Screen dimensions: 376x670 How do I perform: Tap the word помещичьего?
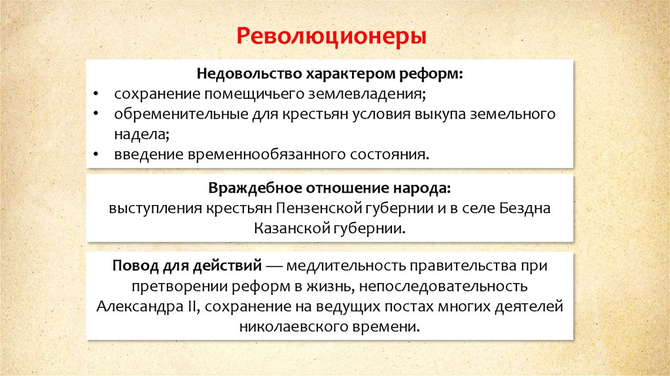point(249,93)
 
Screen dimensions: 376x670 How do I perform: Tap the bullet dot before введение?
point(96,156)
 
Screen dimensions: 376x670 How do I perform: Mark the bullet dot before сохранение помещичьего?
point(96,93)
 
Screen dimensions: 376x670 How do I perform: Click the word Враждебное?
point(252,188)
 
